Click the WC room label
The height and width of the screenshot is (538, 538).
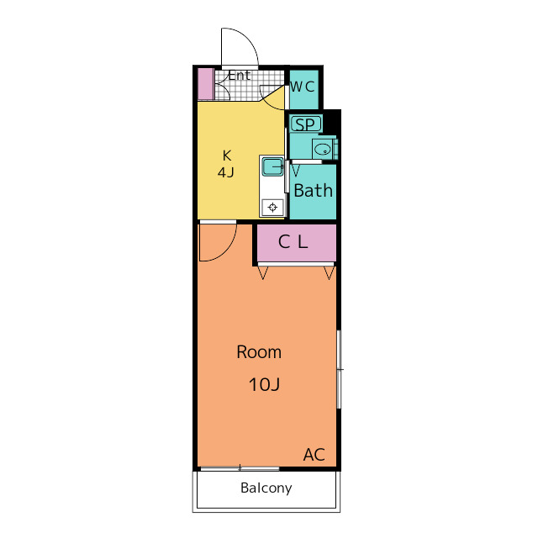[x=303, y=87]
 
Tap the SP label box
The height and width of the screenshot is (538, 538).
[x=305, y=124]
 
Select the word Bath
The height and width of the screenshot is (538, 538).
[x=314, y=191]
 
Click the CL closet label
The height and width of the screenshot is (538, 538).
[x=293, y=241]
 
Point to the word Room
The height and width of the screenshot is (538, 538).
[x=259, y=352]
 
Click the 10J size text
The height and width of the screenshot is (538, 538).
[x=264, y=384]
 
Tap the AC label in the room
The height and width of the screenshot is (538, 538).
[x=314, y=454]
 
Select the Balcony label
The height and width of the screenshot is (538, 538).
[x=266, y=488]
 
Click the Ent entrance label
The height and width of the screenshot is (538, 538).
[x=240, y=76]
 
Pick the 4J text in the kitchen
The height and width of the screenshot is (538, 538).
[x=226, y=171]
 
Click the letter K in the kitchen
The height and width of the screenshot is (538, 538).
[x=227, y=156]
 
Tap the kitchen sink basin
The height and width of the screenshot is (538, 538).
[x=272, y=167]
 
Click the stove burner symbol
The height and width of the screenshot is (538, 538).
[x=272, y=208]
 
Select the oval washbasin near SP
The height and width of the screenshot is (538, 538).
[x=323, y=150]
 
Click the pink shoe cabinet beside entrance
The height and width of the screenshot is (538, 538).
[x=205, y=84]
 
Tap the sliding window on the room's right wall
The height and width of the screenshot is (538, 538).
[x=339, y=369]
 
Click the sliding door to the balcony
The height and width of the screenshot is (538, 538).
[x=240, y=468]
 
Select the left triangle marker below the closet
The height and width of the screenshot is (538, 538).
[x=263, y=272]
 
